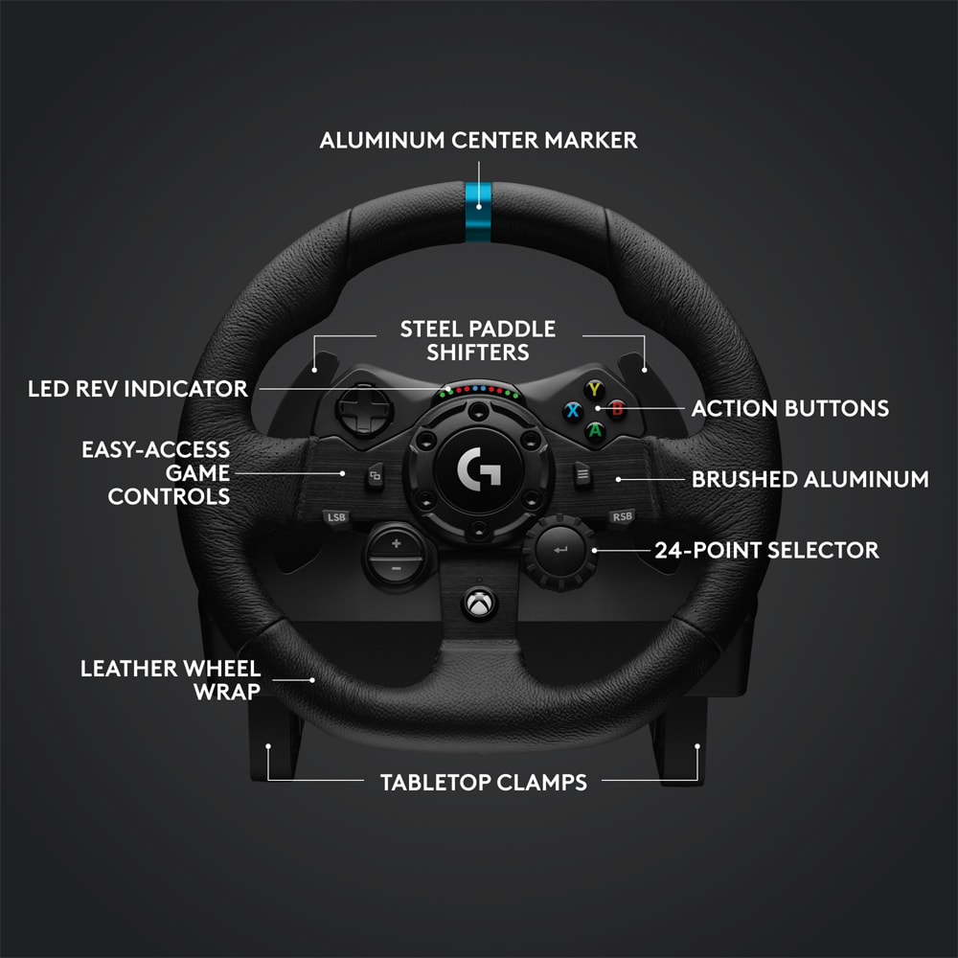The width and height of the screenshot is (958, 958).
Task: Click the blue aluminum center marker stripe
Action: [478, 212]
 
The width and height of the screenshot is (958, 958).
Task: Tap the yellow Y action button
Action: [595, 389]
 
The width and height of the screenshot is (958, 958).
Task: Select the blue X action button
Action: [573, 410]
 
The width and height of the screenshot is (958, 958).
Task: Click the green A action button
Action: [595, 431]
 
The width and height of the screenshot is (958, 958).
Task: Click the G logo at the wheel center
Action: [479, 469]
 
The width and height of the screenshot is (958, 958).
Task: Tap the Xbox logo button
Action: [479, 604]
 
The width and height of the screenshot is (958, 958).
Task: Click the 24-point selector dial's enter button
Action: [559, 550]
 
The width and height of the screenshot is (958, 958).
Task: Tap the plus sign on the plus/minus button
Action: [396, 543]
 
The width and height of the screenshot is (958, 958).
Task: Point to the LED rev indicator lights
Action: [479, 390]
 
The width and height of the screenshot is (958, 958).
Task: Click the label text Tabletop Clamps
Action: [483, 782]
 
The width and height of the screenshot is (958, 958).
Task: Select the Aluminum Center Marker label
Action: [478, 141]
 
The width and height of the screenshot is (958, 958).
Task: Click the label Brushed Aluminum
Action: [810, 480]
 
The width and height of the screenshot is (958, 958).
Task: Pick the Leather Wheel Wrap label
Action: [171, 680]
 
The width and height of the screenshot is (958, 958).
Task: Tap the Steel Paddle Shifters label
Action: [478, 341]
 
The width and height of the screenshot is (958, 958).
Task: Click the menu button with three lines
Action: [582, 474]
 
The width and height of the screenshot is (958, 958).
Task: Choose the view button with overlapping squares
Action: [376, 475]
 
